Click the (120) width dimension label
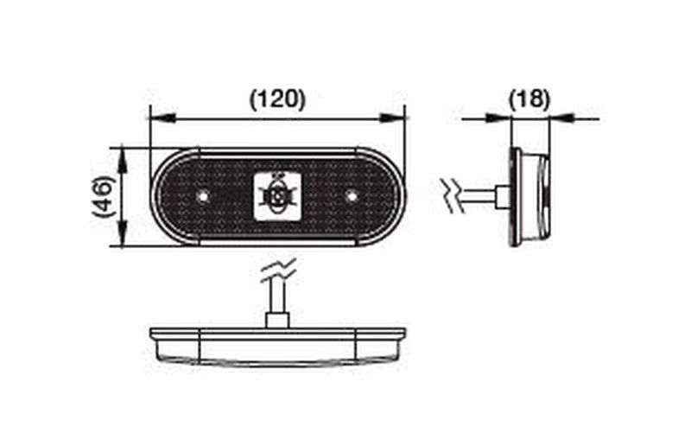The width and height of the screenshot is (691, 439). click(x=277, y=99)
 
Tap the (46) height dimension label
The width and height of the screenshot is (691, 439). click(x=104, y=197)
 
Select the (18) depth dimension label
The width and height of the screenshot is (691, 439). click(x=529, y=99)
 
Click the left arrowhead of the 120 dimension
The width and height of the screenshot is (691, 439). click(x=162, y=118)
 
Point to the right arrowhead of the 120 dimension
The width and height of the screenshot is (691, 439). click(x=392, y=118)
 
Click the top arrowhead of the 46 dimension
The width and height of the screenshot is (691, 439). click(x=122, y=161)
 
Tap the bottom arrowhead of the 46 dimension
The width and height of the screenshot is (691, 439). click(x=122, y=234)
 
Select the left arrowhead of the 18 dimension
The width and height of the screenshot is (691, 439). click(x=498, y=118)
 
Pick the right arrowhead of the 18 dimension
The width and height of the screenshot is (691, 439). click(x=563, y=118)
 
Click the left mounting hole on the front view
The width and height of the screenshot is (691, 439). click(x=203, y=196)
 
